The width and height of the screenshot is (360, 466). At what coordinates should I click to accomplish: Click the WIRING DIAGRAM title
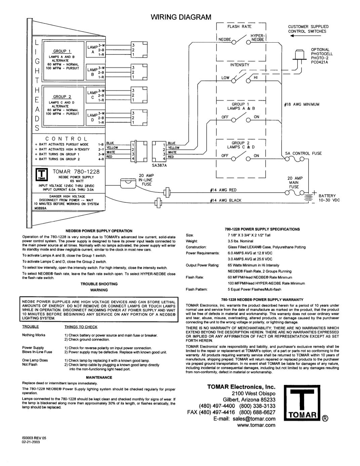coord(181,17)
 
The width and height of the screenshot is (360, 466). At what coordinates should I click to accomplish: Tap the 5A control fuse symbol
coord(294,159)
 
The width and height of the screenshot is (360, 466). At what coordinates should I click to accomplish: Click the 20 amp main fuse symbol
coord(294,193)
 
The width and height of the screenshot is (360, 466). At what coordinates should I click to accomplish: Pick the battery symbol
coord(308,197)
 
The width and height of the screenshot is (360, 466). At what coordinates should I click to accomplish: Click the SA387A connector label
coord(159,165)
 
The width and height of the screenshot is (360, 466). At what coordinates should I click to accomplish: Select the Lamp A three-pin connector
coord(139,50)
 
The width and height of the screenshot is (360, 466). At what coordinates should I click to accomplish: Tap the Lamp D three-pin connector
coord(139,118)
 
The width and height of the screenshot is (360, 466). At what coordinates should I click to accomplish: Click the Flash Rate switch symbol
coord(241,40)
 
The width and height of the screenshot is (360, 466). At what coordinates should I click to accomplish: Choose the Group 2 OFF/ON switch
coord(241,156)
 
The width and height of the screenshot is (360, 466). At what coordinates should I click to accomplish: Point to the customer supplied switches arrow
coord(306,36)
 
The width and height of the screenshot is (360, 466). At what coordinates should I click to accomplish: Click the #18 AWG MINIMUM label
coord(302,105)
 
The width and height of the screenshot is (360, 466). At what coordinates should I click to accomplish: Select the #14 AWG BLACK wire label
coord(226,200)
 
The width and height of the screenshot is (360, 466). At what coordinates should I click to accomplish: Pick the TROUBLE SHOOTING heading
coord(99,284)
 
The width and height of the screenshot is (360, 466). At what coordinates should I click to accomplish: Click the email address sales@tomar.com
coord(254,419)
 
